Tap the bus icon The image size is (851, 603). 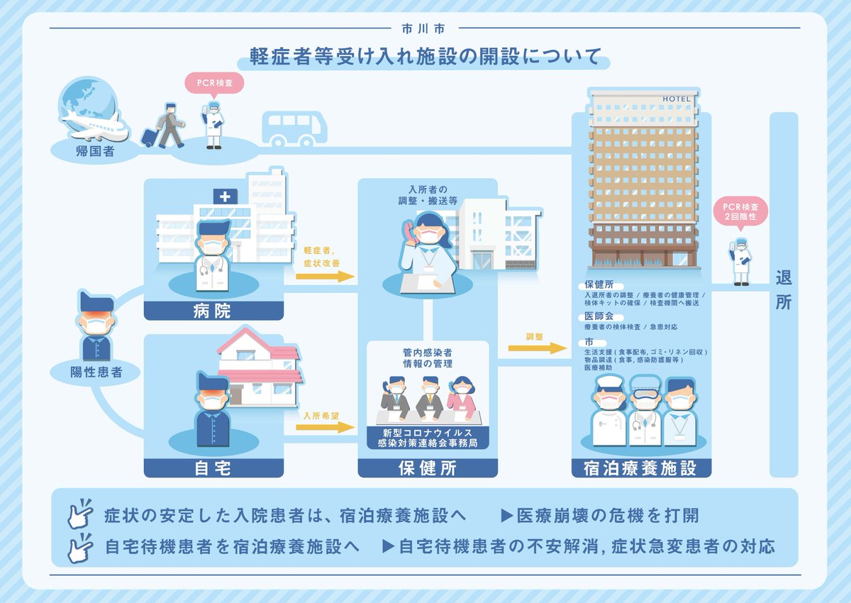(294, 128)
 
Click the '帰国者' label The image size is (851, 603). (94, 151)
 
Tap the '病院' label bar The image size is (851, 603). (213, 311)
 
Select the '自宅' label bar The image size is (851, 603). (213, 467)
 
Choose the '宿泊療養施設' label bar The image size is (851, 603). (640, 468)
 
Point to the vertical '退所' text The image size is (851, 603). (783, 289)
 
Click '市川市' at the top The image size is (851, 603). (425, 29)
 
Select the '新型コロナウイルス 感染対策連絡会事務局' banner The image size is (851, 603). (428, 437)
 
